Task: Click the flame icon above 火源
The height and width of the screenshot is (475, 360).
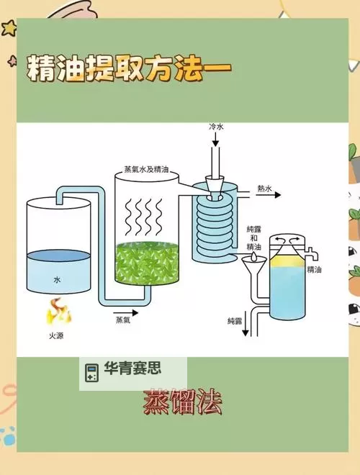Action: click(x=58, y=312)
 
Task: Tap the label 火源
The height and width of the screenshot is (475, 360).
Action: click(x=56, y=336)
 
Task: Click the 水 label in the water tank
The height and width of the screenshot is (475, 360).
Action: click(x=57, y=280)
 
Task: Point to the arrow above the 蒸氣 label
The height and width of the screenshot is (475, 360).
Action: click(x=126, y=313)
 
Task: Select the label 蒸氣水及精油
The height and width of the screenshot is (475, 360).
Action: click(x=146, y=169)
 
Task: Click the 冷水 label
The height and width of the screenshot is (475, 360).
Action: click(x=216, y=127)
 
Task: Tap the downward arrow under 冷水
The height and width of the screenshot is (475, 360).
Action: click(x=215, y=140)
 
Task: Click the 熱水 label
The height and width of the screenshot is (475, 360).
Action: click(x=264, y=189)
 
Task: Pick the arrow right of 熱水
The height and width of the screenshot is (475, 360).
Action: click(x=269, y=195)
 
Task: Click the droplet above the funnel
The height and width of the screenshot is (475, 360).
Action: click(x=254, y=257)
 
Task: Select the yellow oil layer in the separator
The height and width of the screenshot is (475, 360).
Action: click(x=287, y=263)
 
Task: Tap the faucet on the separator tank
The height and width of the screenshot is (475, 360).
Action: click(x=312, y=254)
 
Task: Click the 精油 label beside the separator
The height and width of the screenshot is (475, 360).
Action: click(x=314, y=269)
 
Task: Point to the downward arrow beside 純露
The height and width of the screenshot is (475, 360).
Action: click(x=246, y=324)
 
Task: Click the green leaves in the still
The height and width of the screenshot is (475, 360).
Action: click(x=147, y=263)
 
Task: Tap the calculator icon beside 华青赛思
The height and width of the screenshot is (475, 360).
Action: click(x=91, y=373)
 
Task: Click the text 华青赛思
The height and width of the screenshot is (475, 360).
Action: click(x=132, y=368)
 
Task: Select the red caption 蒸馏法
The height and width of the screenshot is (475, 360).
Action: click(x=182, y=402)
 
